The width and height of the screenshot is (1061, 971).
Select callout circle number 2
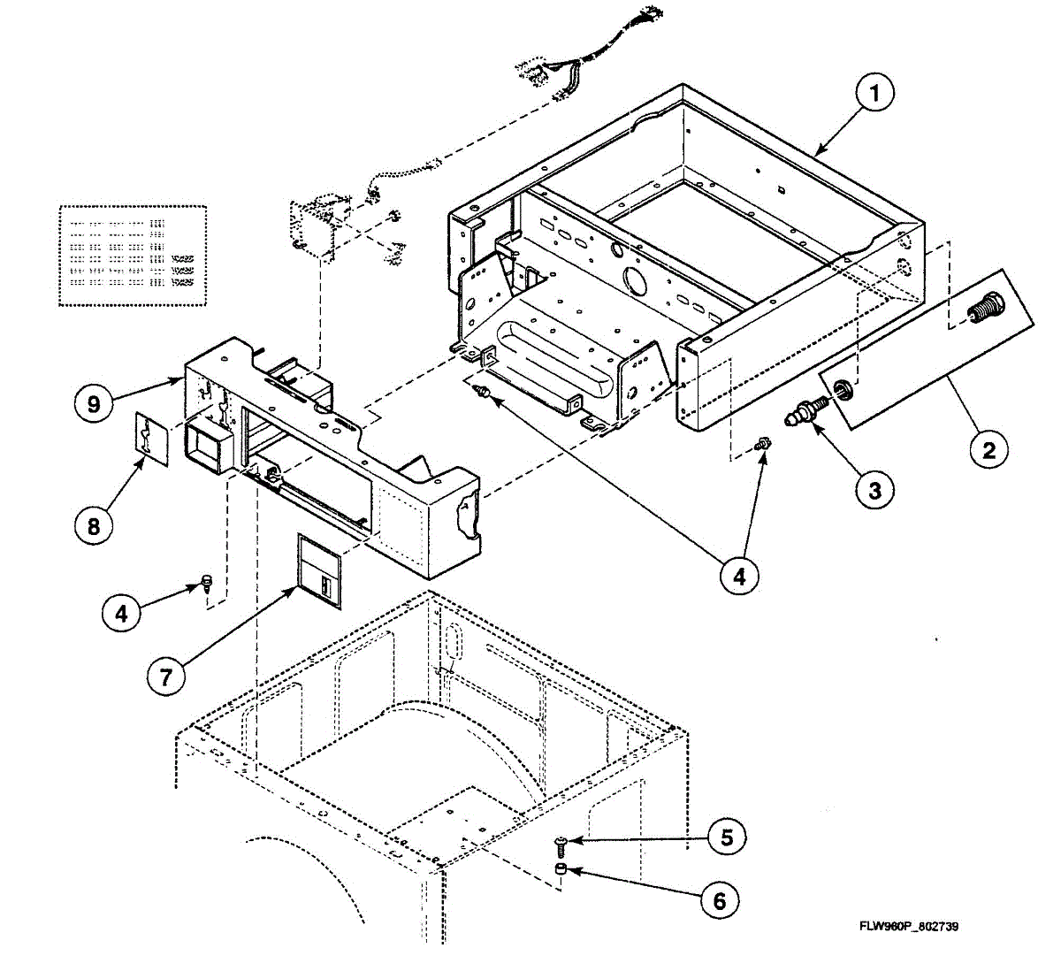(988, 450)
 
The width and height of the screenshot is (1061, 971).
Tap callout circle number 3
(874, 489)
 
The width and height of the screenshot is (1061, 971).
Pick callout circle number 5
(727, 837)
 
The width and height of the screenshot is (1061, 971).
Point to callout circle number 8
(94, 525)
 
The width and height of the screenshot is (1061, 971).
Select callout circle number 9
(94, 404)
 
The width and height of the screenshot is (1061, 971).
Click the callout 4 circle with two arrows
(738, 577)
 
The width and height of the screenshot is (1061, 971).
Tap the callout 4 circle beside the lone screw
(121, 612)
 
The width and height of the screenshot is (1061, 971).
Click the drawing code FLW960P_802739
(909, 927)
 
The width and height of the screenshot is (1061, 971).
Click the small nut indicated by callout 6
(560, 871)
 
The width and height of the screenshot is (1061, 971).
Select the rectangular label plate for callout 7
(318, 570)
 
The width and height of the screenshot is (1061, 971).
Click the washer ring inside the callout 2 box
(844, 386)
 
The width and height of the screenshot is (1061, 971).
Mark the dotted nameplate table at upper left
(133, 256)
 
